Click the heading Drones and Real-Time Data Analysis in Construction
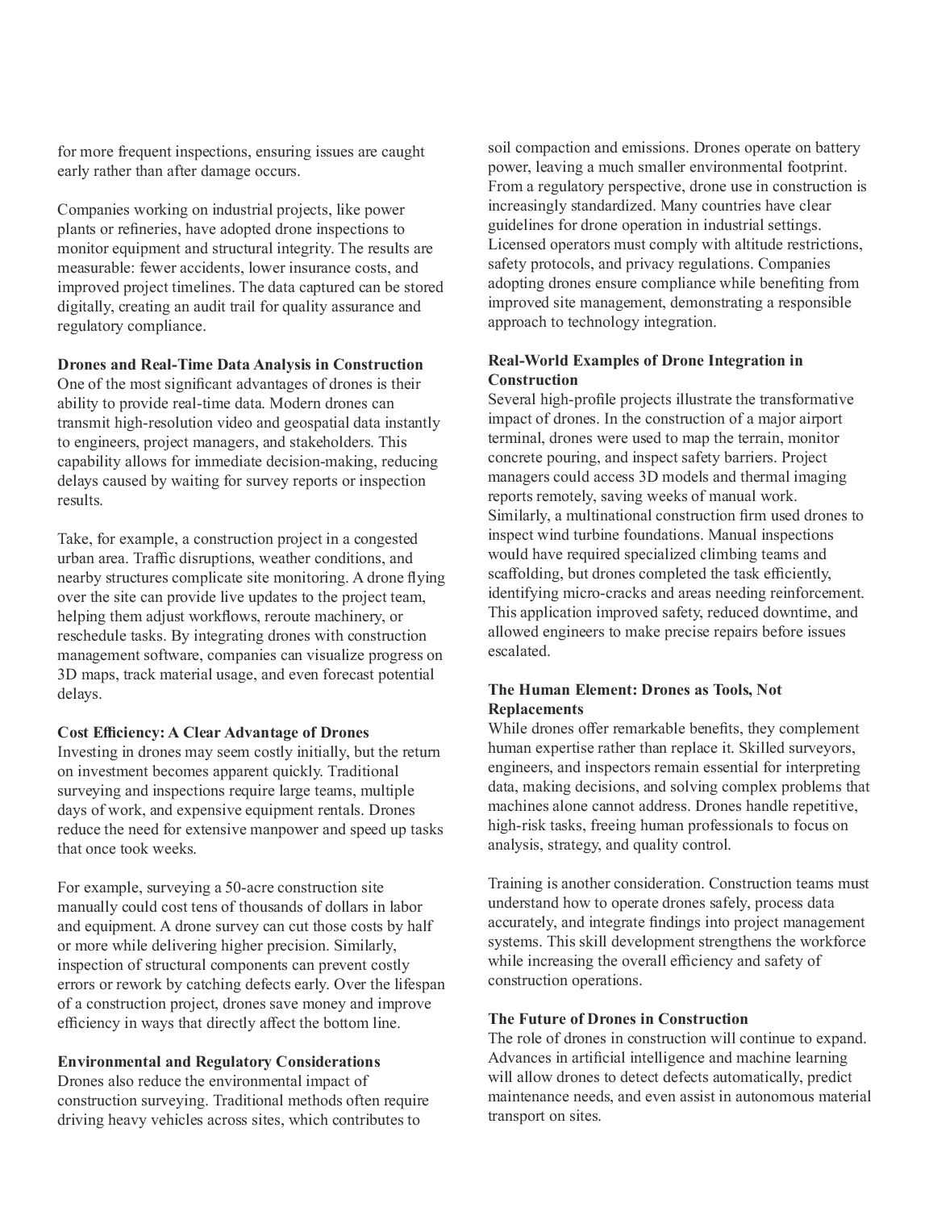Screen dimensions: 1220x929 tap(240, 365)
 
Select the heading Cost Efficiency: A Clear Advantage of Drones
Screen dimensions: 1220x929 tap(213, 733)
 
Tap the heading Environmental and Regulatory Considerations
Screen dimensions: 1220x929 tap(219, 1062)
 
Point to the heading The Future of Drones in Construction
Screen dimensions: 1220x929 tap(618, 1019)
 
